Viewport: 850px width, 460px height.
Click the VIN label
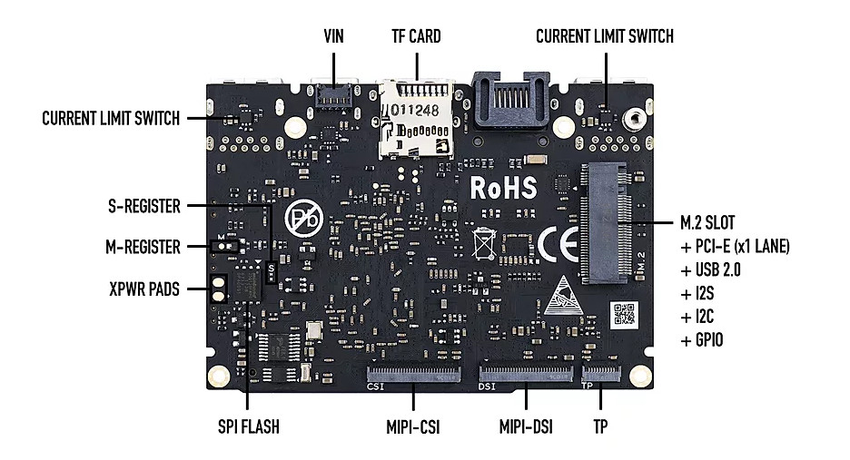(333, 36)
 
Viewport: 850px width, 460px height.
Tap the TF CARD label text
(416, 36)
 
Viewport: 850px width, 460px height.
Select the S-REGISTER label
(144, 206)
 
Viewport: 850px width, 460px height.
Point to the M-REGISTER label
(143, 247)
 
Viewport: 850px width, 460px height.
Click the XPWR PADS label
(144, 289)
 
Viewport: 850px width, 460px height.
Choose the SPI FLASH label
(249, 426)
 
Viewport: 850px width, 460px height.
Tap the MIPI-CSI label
(413, 427)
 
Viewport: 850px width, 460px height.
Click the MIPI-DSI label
(526, 427)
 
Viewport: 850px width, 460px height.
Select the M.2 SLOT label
(707, 222)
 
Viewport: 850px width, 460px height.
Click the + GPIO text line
(701, 339)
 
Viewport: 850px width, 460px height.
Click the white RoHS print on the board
(504, 188)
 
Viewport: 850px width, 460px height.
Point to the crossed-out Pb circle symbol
(304, 219)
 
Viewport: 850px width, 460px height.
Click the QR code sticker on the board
(624, 315)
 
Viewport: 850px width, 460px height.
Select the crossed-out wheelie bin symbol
(483, 244)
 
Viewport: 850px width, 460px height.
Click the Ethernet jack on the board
(509, 101)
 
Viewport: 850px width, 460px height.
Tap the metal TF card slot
(416, 119)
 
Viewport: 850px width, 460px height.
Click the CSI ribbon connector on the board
(413, 374)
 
